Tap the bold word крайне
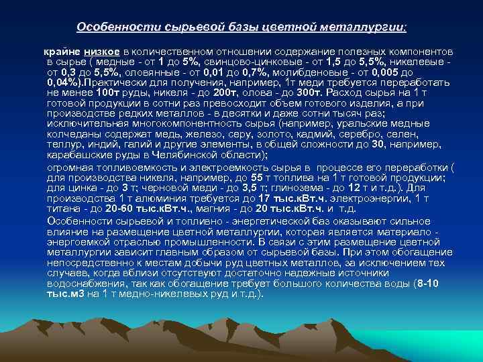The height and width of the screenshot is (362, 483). pos(62,52)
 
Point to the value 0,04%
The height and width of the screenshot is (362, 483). pos(64,80)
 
